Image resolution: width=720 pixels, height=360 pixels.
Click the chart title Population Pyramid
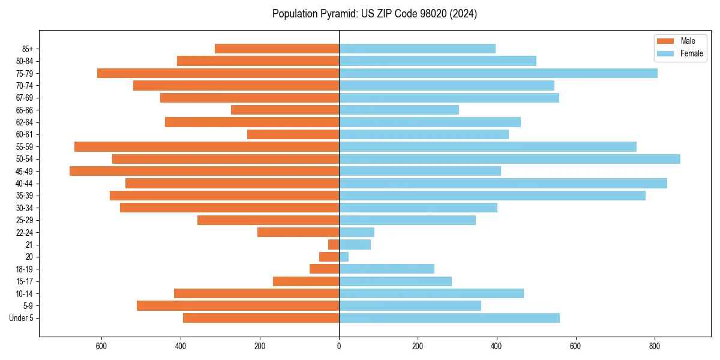pyautogui.click(x=374, y=14)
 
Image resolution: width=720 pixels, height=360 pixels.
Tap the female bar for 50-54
pyautogui.click(x=509, y=159)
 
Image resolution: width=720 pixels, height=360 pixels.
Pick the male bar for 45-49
pyautogui.click(x=204, y=171)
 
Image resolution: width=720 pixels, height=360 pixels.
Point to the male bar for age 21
pyautogui.click(x=334, y=244)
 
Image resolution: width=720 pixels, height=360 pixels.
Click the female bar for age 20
pyautogui.click(x=344, y=257)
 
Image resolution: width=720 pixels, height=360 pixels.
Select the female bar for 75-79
pyautogui.click(x=498, y=73)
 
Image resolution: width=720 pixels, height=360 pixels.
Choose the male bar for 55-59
pyautogui.click(x=206, y=146)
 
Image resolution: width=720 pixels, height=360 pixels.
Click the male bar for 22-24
pyautogui.click(x=298, y=232)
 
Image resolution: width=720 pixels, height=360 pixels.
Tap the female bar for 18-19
pyautogui.click(x=386, y=269)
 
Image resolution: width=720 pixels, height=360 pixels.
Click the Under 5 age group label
pyautogui.click(x=22, y=318)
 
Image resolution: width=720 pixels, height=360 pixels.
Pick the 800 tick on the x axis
pyautogui.click(x=655, y=346)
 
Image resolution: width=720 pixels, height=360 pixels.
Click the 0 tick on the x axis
pyautogui.click(x=339, y=346)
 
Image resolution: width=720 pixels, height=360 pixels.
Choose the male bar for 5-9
pyautogui.click(x=238, y=305)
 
